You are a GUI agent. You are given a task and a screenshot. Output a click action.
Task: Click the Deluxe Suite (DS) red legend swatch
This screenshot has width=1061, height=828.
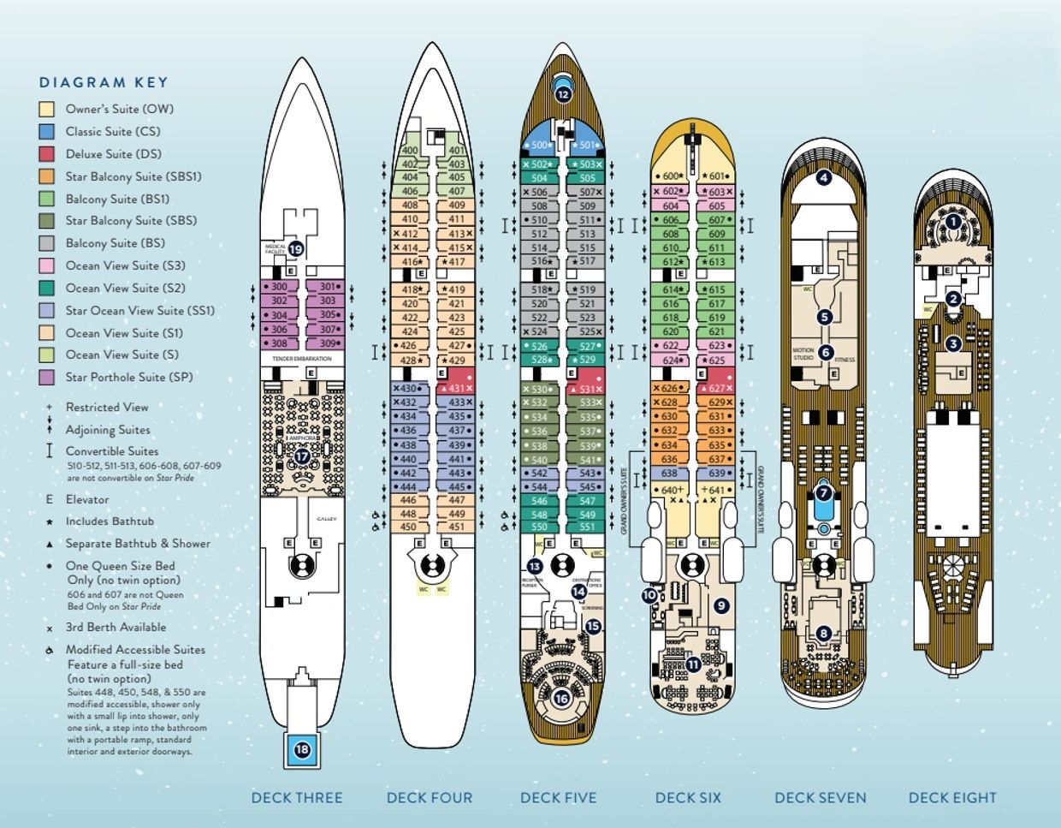pos(47,154)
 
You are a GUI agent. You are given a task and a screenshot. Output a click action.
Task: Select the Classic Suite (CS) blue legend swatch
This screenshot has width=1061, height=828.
pos(47,132)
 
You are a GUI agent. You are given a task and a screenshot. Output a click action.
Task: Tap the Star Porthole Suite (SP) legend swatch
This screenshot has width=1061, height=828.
pos(47,378)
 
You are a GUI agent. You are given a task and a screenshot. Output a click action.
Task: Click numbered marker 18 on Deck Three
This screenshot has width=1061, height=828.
pos(302,750)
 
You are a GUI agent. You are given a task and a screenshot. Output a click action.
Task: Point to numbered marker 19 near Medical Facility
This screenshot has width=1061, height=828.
pos(296,249)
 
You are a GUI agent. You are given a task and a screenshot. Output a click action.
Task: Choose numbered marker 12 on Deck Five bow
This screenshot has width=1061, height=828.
pos(562,94)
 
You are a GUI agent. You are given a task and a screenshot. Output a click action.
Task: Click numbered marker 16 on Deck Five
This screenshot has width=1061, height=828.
pos(561,699)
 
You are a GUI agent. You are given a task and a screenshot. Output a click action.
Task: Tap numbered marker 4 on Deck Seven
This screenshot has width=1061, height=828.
pos(823,178)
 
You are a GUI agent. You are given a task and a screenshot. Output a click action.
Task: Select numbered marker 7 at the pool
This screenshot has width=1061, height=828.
pos(823,492)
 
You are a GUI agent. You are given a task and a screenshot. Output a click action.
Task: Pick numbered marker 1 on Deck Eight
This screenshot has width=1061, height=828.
pos(953,222)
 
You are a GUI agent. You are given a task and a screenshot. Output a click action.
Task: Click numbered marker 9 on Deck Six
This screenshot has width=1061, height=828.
pos(720,605)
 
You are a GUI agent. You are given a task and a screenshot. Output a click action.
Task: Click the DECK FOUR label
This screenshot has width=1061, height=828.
pos(429,798)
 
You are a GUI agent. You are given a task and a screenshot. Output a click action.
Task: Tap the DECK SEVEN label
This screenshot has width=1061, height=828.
pos(820,798)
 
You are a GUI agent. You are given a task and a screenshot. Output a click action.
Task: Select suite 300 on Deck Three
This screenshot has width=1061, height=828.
pos(279,288)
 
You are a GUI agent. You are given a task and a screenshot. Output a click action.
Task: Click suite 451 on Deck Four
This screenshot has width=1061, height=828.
pos(457,527)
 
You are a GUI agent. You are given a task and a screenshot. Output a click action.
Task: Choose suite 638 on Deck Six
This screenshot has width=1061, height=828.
pos(669,474)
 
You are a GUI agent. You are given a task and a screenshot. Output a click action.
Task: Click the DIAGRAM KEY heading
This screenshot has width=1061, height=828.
pos(104,83)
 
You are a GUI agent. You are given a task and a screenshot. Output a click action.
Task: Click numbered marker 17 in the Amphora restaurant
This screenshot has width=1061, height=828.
pos(302,456)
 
